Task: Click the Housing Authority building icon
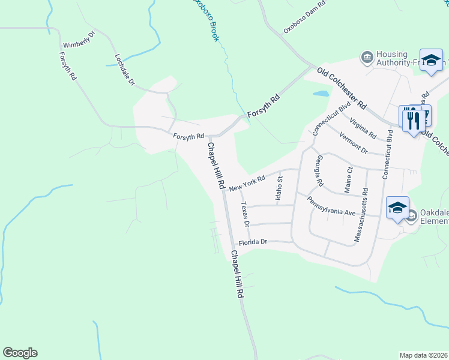[366, 58]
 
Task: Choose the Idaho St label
[279, 188]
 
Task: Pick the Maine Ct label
[348, 180]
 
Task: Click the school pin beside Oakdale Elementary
[397, 208]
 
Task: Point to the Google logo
[20, 353]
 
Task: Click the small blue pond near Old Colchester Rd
[321, 94]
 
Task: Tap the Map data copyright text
[424, 355]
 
